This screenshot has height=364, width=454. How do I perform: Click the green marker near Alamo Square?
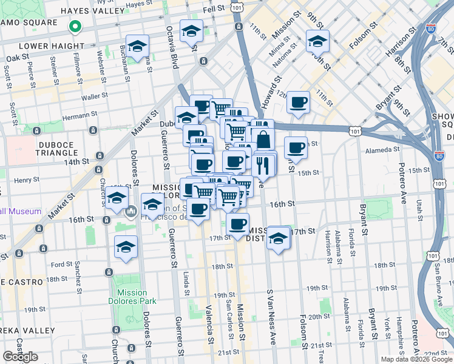point(75,26)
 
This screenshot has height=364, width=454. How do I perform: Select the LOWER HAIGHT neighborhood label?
point(52,45)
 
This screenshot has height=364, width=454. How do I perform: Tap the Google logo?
point(20,357)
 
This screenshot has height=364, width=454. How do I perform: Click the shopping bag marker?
point(264,140)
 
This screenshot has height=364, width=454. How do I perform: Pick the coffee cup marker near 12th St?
point(297,103)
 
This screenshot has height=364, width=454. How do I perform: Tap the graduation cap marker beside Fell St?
point(192,31)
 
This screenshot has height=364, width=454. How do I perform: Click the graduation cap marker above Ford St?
point(126,247)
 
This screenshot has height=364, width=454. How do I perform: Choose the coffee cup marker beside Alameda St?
point(296,147)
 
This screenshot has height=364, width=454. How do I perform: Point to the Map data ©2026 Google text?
point(416,359)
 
